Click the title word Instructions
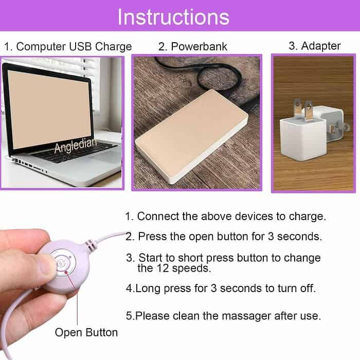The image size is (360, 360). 173,17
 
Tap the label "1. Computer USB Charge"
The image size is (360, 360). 68,46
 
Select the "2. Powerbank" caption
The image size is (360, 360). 193,47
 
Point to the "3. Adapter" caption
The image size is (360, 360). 314,46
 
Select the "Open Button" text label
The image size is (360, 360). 86,332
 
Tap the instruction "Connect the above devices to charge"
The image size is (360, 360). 226,217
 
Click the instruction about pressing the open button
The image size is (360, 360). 224,237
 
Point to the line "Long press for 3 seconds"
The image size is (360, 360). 221,288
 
